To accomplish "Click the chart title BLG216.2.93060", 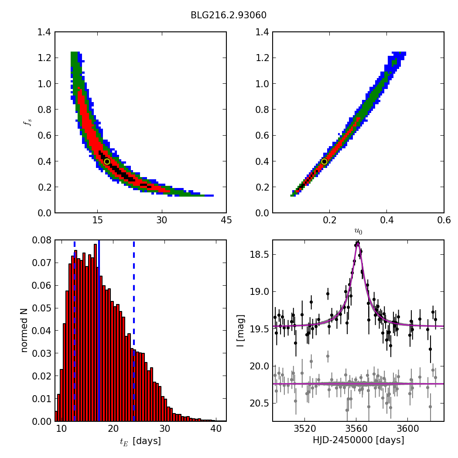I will [x=229, y=15].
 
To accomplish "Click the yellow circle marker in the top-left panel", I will [x=107, y=161].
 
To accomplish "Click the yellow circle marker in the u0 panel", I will [x=324, y=161].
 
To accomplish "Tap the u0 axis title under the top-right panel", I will [x=358, y=232].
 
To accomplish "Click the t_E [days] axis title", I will [x=140, y=441].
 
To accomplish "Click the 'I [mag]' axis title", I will [x=240, y=331].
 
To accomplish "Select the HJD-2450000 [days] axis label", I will [x=358, y=441].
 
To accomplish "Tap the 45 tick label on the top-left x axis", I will [x=226, y=220].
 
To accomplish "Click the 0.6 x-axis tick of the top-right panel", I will [x=444, y=220].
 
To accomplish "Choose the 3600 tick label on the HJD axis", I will [x=407, y=429].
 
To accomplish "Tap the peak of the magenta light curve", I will [x=357, y=243].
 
